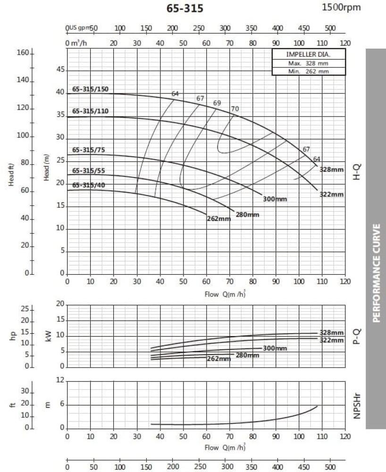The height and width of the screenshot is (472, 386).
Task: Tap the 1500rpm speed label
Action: (x=340, y=8)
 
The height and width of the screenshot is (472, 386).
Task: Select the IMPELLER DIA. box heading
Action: (x=308, y=54)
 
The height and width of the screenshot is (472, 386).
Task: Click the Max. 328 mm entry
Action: (x=308, y=63)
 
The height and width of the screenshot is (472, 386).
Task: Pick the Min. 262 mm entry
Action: (x=308, y=71)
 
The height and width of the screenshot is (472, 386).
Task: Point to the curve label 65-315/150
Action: (x=90, y=89)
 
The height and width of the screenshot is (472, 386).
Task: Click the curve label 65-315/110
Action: (x=90, y=111)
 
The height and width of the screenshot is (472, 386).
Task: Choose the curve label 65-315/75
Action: (x=89, y=150)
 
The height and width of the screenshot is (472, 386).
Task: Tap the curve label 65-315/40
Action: (x=89, y=185)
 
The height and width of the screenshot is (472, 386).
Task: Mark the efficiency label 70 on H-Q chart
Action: (x=235, y=109)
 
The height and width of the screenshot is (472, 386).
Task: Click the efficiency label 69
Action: (x=217, y=103)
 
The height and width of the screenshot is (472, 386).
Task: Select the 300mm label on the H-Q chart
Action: (x=275, y=199)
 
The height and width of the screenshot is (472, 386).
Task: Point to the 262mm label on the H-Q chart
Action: (x=218, y=219)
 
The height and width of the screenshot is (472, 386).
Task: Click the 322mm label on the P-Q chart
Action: (x=331, y=340)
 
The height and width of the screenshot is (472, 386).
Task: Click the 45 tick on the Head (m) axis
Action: (x=60, y=70)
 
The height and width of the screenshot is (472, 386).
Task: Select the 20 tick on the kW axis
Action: (x=59, y=304)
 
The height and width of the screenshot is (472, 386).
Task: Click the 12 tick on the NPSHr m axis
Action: (x=60, y=380)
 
